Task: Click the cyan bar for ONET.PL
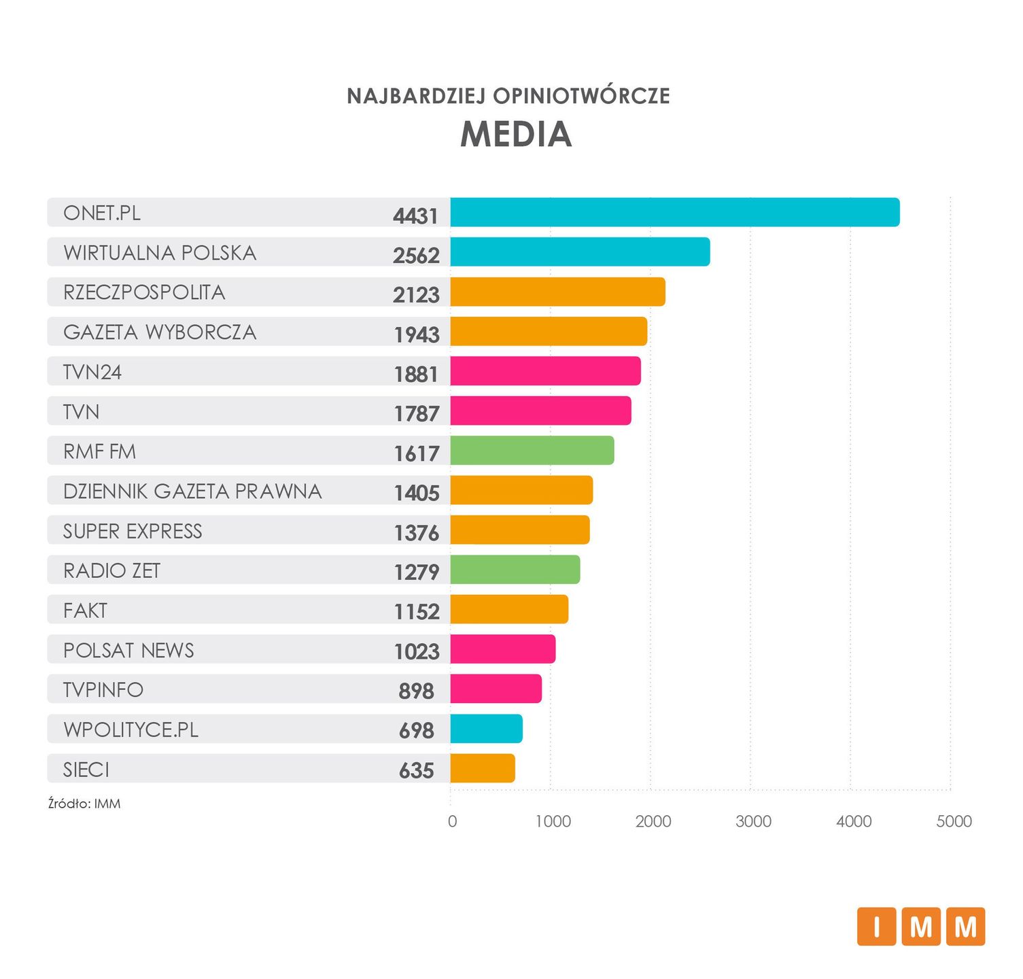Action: [674, 212]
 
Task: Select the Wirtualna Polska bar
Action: [580, 252]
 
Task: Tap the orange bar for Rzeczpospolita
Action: [557, 292]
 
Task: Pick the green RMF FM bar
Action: [532, 451]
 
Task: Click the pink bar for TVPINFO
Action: [496, 689]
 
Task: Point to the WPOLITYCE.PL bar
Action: [486, 729]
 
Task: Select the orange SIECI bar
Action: [482, 768]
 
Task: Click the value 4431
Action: [415, 216]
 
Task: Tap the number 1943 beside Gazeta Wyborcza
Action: [417, 334]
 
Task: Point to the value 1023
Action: [417, 651]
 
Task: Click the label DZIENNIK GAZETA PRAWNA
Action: [192, 491]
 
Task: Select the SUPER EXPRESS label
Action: [133, 531]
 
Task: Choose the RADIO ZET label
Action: [111, 570]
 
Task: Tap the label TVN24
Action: [92, 372]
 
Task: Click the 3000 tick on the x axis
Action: [753, 821]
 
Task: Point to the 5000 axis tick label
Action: [954, 821]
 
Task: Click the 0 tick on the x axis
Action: [452, 821]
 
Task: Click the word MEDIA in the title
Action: [516, 134]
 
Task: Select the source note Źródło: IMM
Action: [84, 804]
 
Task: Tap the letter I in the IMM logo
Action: [876, 927]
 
